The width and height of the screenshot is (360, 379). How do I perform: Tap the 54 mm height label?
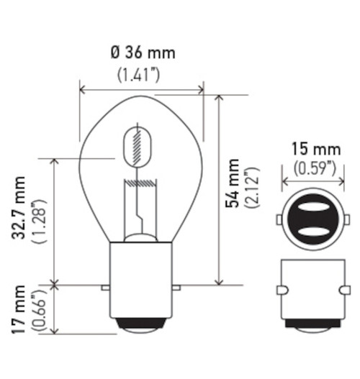232,183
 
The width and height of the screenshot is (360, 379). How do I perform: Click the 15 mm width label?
315,150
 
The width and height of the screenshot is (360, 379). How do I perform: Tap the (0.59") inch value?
315,169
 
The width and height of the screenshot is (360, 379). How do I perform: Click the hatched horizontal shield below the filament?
141,185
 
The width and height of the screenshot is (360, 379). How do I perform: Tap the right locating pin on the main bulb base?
176,288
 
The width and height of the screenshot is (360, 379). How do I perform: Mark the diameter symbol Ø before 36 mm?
114,53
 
